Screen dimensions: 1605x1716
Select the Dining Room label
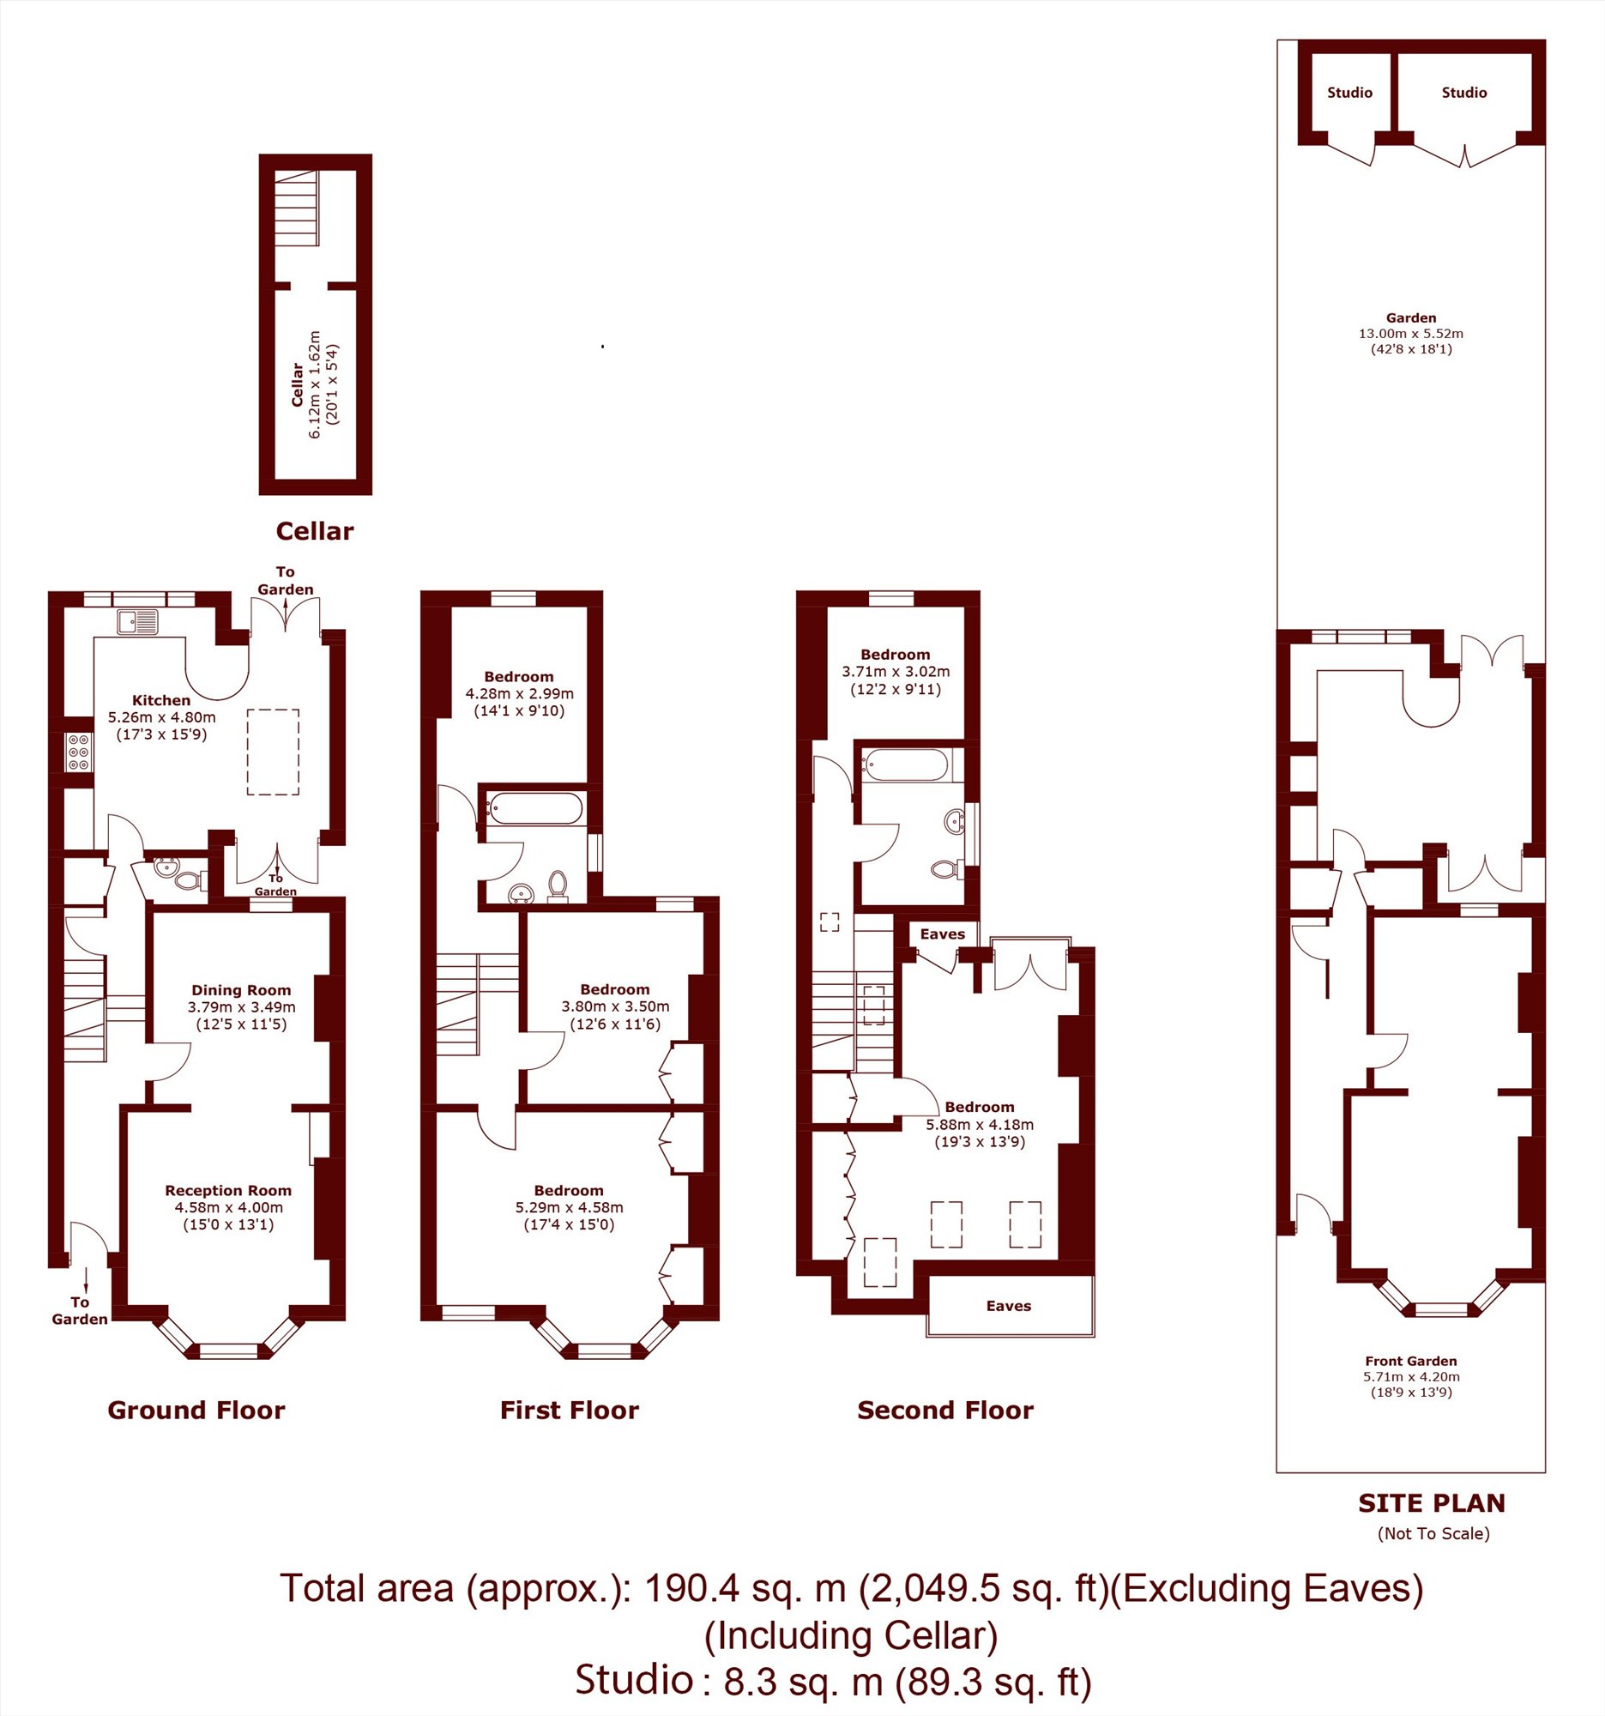click(x=241, y=990)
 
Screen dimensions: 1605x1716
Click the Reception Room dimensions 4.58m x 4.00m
click(x=229, y=1207)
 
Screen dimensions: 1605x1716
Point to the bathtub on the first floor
click(x=534, y=809)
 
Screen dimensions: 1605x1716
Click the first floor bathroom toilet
click(x=558, y=885)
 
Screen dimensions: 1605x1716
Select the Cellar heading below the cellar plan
click(x=314, y=531)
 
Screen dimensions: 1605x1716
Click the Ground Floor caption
click(x=196, y=1411)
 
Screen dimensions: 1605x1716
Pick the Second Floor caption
click(x=944, y=1411)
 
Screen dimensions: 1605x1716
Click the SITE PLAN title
click(x=1432, y=1503)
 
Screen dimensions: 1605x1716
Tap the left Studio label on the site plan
click(x=1349, y=93)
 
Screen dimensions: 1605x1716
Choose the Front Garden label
click(x=1411, y=1362)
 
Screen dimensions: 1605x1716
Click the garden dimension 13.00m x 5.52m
click(x=1411, y=333)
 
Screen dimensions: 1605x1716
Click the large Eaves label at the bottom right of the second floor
click(x=1009, y=1306)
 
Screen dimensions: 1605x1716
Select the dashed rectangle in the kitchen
click(x=273, y=752)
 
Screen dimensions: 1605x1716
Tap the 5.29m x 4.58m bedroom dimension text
click(x=569, y=1207)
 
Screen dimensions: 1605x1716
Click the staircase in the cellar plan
click(x=296, y=208)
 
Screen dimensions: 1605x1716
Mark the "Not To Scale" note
click(x=1433, y=1534)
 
